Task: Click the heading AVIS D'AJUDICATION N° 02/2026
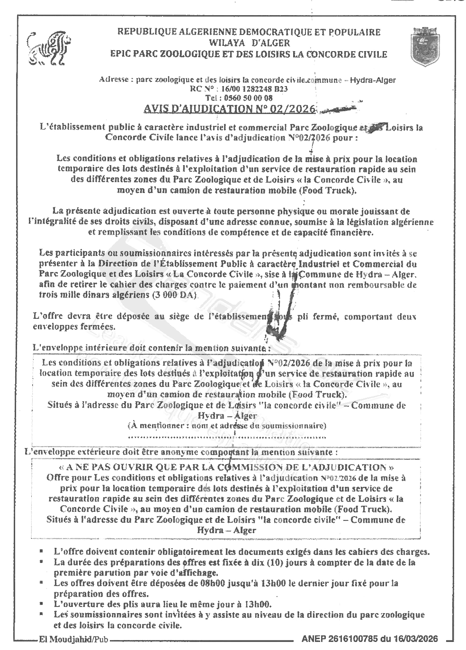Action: coord(229,109)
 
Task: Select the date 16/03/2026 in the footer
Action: coord(415,639)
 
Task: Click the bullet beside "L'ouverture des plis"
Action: coord(43,604)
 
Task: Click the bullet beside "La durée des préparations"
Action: coord(43,562)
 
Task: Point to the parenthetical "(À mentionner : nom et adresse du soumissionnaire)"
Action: coord(227,425)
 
